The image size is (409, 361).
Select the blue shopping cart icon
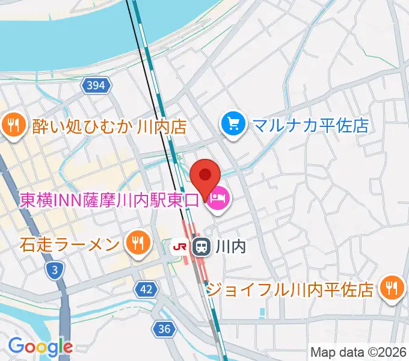pyautogui.click(x=233, y=125)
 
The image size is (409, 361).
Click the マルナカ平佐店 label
pyautogui.click(x=310, y=125)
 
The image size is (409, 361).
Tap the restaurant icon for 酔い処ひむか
pyautogui.click(x=13, y=126)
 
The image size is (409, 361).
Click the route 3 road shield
pyautogui.click(x=55, y=271)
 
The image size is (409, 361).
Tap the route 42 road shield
pyautogui.click(x=146, y=289)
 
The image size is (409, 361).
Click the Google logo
pyautogui.click(x=40, y=347)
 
